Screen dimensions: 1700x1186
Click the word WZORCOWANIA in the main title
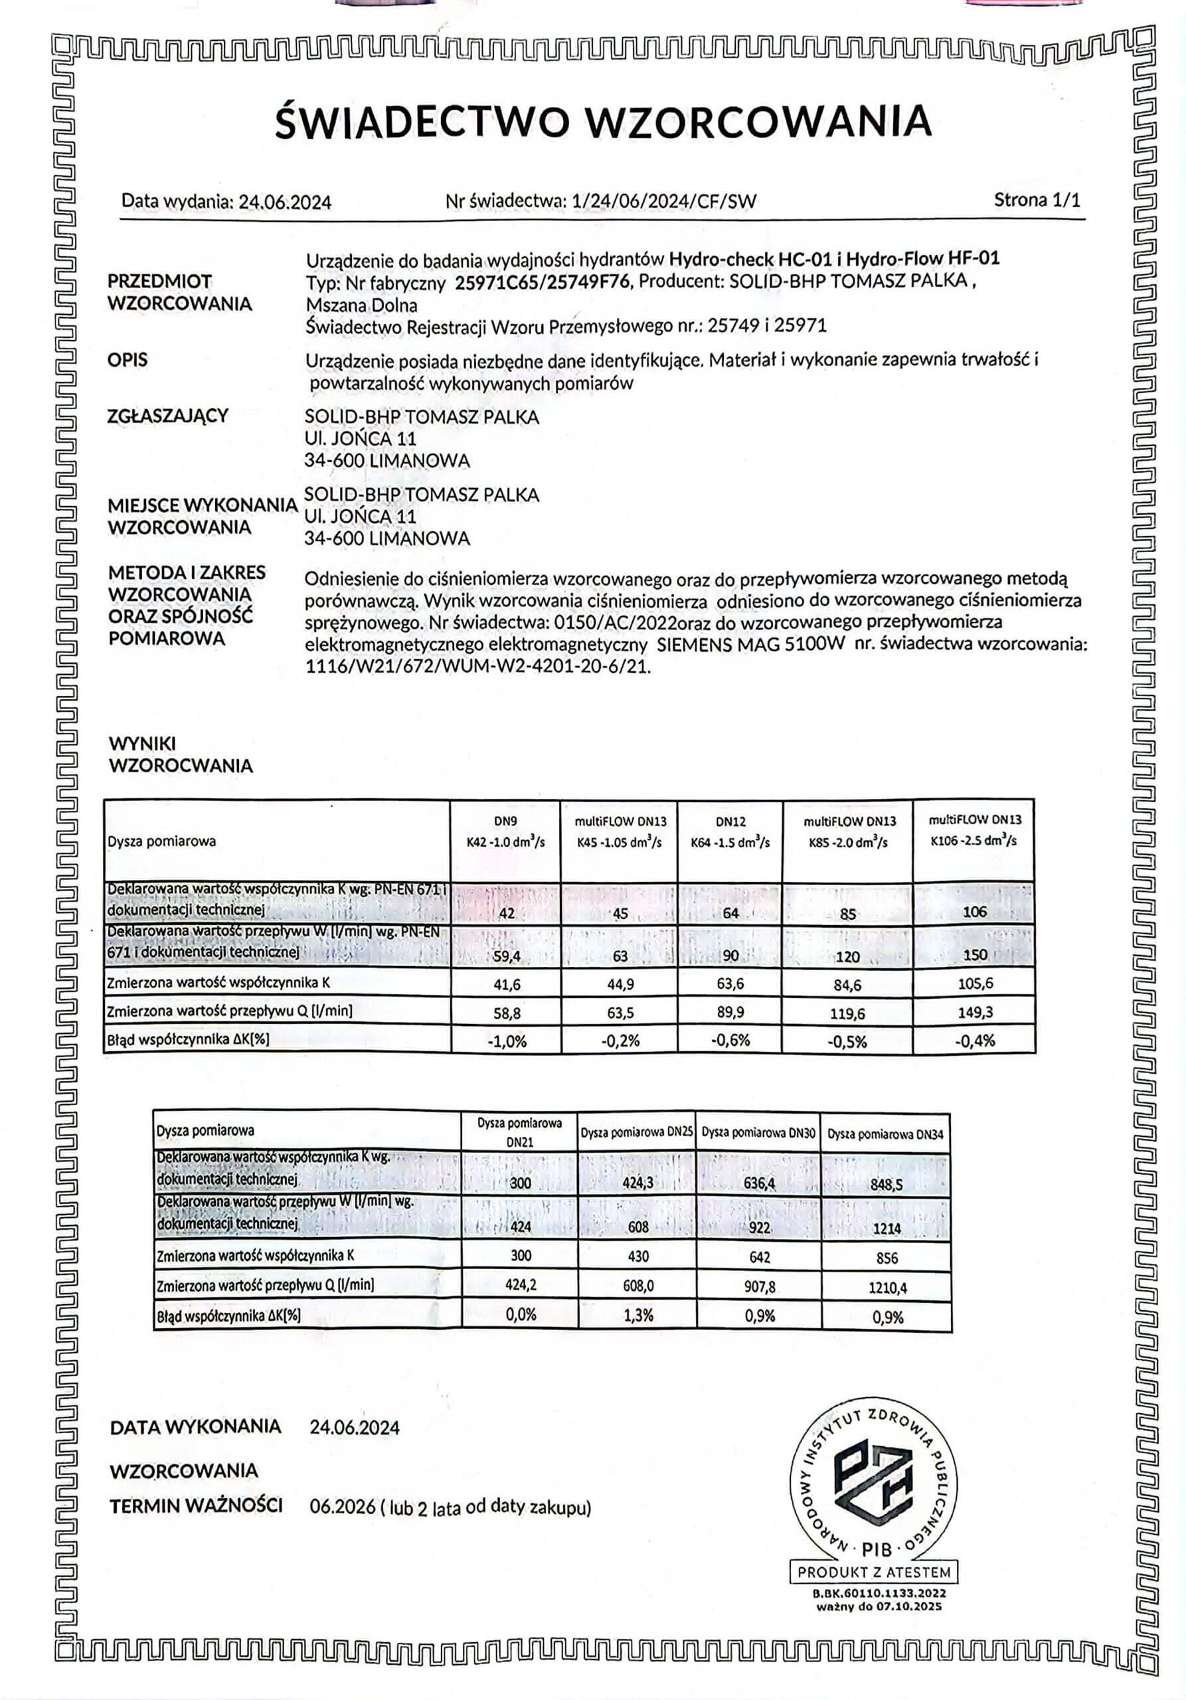[759, 123]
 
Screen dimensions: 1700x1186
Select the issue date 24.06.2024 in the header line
[284, 202]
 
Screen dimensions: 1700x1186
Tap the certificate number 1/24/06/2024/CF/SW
[664, 201]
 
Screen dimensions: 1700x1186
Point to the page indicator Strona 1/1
[1037, 200]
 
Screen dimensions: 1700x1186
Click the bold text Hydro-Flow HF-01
[922, 258]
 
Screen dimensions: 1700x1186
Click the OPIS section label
[127, 361]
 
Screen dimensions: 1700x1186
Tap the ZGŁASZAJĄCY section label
[168, 416]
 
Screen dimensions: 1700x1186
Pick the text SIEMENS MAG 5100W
[750, 644]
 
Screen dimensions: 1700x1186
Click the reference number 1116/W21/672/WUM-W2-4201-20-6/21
[477, 666]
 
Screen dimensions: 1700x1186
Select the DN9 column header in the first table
[505, 821]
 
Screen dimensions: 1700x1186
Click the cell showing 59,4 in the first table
[507, 956]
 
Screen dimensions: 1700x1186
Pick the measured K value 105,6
[974, 983]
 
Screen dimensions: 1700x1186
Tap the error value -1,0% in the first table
[507, 1041]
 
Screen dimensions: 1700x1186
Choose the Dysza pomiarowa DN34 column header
[885, 1134]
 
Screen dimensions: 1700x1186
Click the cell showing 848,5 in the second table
[886, 1184]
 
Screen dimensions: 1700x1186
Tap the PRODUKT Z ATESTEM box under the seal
[874, 1572]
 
